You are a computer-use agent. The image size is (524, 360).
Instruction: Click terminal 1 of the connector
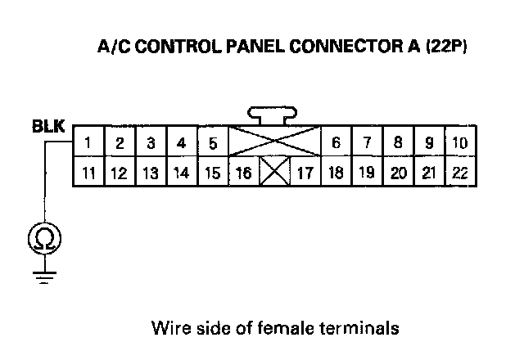coord(88,143)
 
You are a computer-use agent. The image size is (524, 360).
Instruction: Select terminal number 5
coord(212,143)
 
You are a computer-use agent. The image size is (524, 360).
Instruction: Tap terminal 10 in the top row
coord(459,143)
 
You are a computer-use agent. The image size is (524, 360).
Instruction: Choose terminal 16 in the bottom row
coord(244,173)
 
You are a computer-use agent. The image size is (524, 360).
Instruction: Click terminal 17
coord(305,173)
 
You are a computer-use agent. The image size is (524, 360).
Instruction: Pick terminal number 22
coord(459,173)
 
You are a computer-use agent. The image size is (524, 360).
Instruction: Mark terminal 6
coord(336,143)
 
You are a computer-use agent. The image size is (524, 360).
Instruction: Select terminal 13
coord(151,173)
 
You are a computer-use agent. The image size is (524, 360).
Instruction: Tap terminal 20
coord(398,173)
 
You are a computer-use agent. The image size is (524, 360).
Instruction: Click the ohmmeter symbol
coord(42,239)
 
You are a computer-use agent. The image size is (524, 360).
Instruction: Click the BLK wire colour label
coord(46,127)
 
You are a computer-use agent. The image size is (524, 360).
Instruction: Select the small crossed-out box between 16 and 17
coord(274,173)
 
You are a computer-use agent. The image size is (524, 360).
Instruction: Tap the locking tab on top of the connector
coord(274,114)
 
